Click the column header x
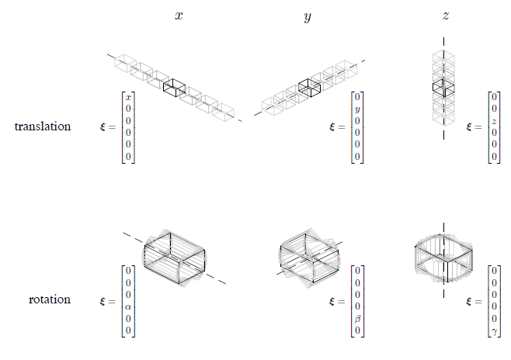pos(179,15)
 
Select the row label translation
pos(43,126)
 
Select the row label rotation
pos(48,299)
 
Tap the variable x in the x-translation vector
pos(128,96)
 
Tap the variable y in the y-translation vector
pos(357,109)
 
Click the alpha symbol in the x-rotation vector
pos(128,306)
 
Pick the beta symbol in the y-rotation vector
pos(357,318)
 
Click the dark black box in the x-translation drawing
pos(175,88)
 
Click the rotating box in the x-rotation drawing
pos(175,258)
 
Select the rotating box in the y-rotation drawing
pos(308,256)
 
